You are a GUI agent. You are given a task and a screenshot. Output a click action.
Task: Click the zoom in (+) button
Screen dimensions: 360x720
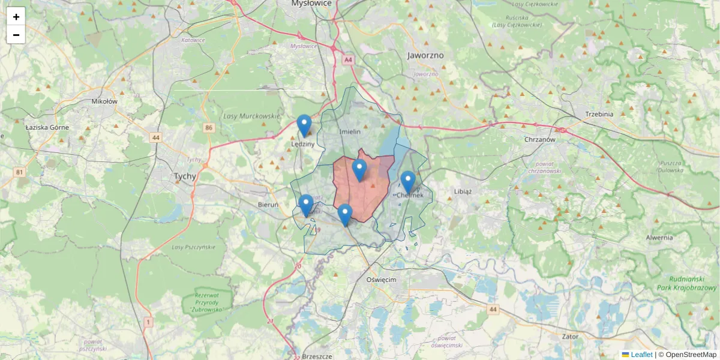16,17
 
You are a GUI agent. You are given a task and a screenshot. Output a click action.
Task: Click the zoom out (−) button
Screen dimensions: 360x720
16,35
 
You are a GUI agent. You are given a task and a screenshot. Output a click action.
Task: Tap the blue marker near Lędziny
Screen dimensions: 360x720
304,125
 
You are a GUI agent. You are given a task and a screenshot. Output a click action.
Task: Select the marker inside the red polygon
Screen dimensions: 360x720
359,170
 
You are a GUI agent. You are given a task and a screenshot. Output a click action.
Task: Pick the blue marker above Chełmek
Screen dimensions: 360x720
408,182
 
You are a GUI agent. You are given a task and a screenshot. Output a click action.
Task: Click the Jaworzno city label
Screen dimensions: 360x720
425,55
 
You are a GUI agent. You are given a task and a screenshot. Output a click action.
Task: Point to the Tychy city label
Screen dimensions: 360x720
185,176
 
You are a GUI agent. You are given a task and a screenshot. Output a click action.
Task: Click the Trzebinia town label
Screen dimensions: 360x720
599,115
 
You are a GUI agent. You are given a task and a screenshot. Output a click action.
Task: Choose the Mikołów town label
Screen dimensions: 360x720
104,101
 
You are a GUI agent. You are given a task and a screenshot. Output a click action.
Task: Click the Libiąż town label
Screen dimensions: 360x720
463,191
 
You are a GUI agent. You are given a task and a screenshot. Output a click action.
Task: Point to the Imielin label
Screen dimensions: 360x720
350,131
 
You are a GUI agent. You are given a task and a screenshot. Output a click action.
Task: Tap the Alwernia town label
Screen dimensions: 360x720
659,238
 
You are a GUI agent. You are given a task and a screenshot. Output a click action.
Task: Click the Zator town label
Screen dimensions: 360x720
570,337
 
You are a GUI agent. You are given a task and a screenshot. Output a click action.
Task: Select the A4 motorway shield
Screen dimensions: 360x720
348,60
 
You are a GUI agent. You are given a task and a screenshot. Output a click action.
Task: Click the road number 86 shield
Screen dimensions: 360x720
208,128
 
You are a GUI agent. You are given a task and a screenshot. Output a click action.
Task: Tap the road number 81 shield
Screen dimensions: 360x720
20,173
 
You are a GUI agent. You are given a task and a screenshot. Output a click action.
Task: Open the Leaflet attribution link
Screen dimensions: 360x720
641,355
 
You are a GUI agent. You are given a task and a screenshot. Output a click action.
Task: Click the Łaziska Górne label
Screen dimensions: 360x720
47,127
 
